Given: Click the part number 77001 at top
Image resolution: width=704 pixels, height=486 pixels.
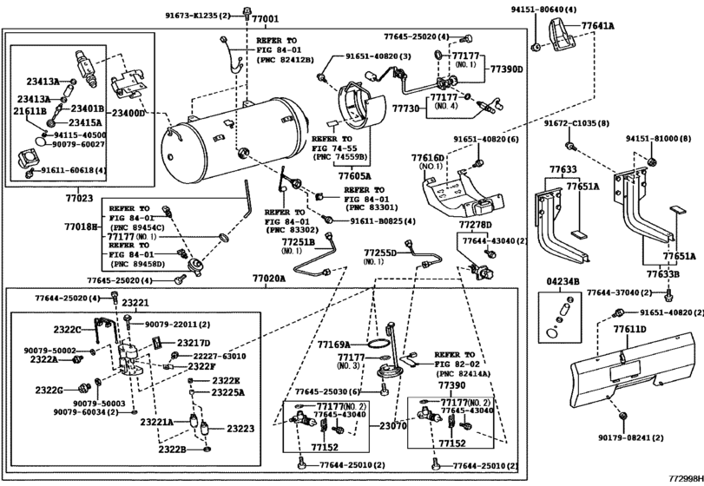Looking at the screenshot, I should (266, 19).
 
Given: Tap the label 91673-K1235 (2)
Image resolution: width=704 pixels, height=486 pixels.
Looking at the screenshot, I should (200, 16).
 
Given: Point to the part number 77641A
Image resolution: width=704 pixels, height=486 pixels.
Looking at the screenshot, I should (598, 26).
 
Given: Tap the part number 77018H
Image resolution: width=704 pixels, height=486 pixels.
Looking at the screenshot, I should (80, 226).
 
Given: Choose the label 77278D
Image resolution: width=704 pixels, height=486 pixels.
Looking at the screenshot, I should (476, 224).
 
